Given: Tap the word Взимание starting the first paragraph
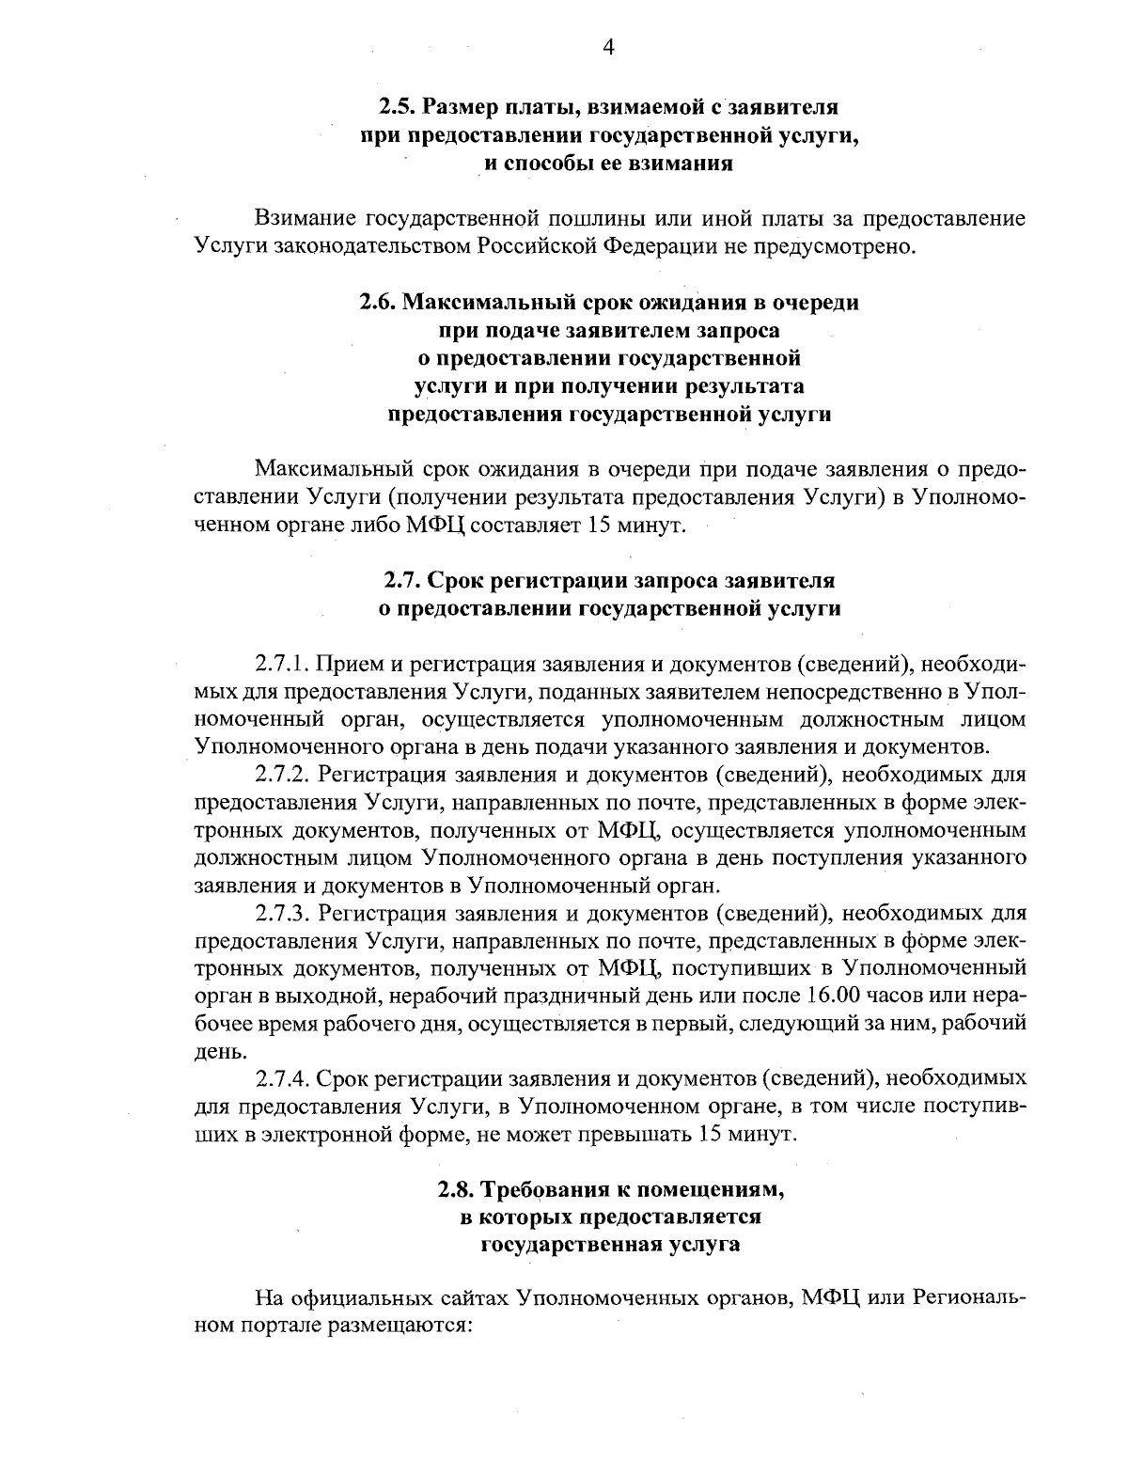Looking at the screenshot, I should [305, 219].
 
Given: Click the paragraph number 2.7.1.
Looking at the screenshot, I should [282, 665].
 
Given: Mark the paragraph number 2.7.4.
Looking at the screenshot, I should [282, 1078].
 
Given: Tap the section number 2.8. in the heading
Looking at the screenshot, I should [458, 1189].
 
